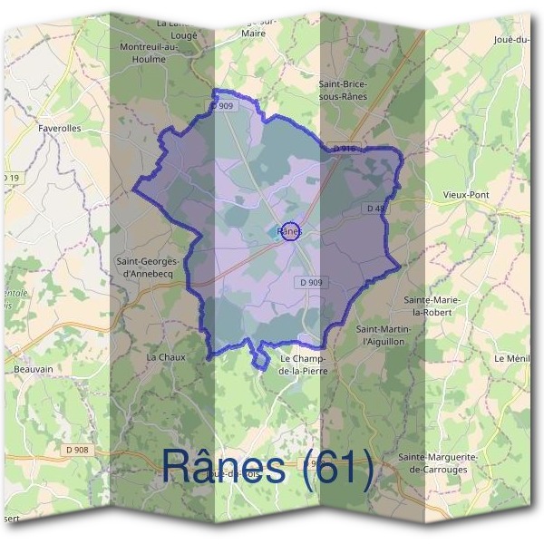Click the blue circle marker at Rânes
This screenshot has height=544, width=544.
tap(290, 231)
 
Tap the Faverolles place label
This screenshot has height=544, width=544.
tap(60, 129)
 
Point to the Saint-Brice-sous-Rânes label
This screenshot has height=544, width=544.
tap(342, 89)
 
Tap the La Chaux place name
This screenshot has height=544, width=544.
tap(166, 357)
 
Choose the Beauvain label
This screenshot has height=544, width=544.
tap(34, 369)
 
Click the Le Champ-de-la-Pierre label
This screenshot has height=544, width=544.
tap(305, 365)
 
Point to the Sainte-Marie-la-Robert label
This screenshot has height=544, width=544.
tap(432, 306)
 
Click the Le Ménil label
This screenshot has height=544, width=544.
tap(511, 359)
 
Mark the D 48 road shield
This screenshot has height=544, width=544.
tap(377, 209)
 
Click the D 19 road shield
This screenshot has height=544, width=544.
tap(11, 178)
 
